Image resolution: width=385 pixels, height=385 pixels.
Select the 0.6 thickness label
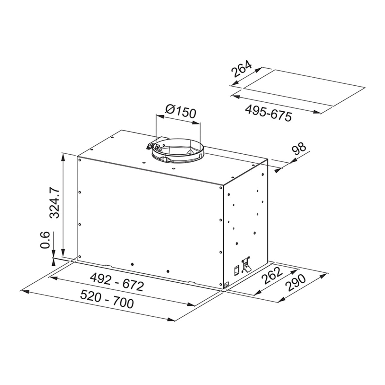[x=45, y=240]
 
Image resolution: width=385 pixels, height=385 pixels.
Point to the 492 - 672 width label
[x=117, y=282]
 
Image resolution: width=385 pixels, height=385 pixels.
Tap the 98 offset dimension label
[x=299, y=149]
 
